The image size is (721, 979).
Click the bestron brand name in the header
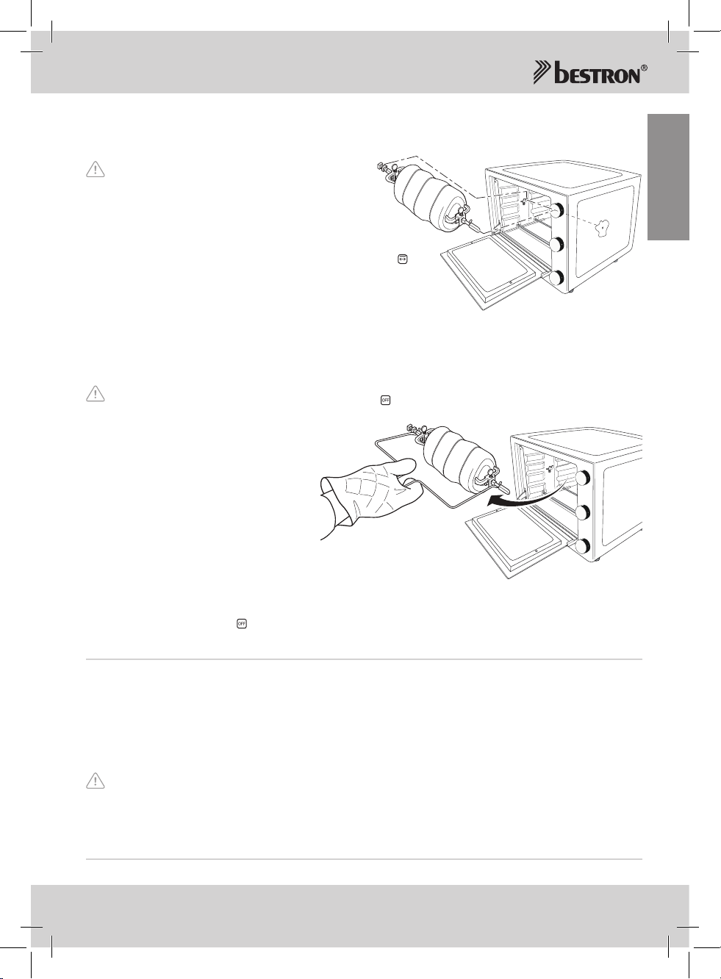click(x=597, y=73)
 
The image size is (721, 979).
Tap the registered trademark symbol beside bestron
click(x=644, y=68)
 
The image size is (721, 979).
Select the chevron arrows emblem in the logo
click(x=542, y=73)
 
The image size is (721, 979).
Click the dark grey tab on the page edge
click(x=668, y=177)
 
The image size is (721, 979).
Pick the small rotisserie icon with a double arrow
click(x=403, y=259)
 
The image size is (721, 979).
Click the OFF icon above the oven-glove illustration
click(x=385, y=400)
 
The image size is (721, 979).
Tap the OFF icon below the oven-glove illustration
click(x=242, y=624)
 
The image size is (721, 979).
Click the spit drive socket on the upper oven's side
click(x=603, y=227)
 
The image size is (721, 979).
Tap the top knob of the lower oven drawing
click(x=583, y=478)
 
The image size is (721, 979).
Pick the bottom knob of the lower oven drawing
click(x=583, y=546)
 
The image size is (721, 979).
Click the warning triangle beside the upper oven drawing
click(x=96, y=169)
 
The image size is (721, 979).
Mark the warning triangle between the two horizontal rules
click(x=96, y=781)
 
